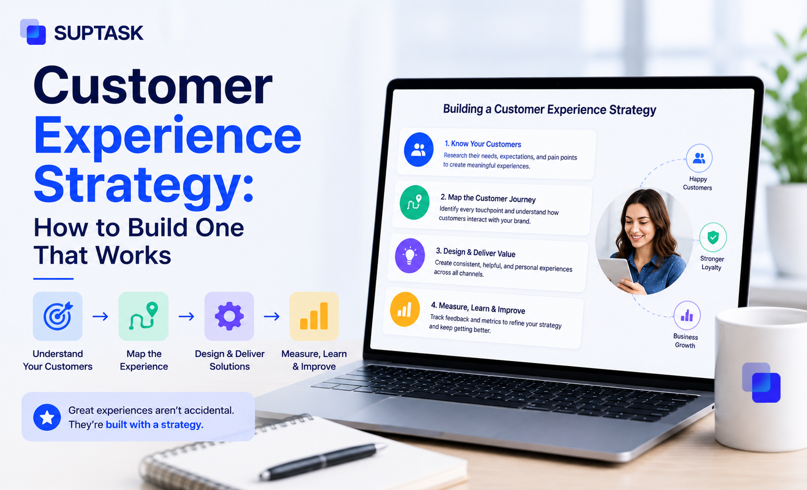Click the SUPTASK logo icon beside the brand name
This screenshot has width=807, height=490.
33,32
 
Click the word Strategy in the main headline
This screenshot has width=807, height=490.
144,186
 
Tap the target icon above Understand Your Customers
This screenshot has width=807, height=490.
58,316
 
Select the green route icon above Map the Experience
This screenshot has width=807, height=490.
143,316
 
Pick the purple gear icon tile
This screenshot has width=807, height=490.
229,316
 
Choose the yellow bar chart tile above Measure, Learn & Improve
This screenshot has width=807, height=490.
314,316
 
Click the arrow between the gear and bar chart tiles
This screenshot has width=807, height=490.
272,316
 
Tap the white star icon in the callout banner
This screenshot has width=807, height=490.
47,417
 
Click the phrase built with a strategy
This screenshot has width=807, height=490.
154,424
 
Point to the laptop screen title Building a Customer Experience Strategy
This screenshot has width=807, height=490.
549,109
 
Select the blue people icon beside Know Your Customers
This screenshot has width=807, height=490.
419,149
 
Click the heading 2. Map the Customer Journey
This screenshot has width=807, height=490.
488,198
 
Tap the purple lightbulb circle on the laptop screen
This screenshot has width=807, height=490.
410,255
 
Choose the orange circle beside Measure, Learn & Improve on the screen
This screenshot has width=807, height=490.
405,309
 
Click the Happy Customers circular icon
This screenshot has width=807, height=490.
699,158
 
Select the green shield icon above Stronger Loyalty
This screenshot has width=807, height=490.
713,237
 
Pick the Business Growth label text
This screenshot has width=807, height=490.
685,341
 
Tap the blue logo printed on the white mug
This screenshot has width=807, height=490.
761,382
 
